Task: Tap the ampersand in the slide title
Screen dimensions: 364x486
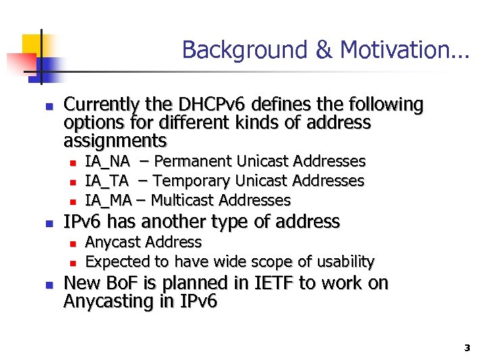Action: (319, 50)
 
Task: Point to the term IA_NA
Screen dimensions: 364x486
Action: (107, 162)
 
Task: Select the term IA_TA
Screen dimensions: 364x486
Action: (107, 181)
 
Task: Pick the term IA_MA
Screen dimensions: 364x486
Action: (108, 200)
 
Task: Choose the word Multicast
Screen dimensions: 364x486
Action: (182, 200)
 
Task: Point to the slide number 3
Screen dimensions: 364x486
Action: (466, 348)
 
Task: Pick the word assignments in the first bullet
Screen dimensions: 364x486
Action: (115, 141)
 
